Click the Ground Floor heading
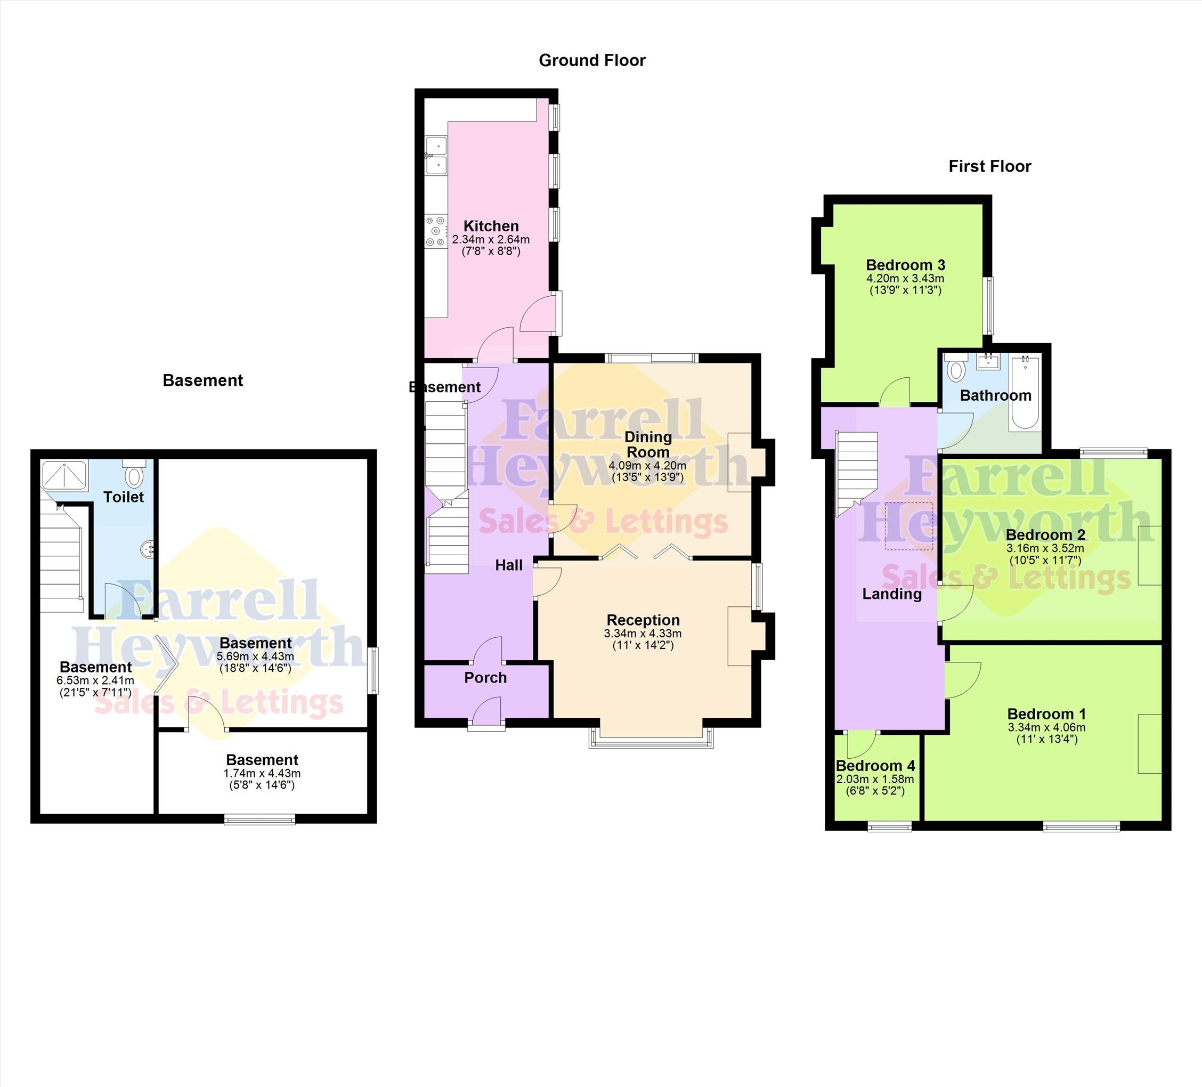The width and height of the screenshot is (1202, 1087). (x=592, y=60)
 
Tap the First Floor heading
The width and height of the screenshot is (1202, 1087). (x=990, y=166)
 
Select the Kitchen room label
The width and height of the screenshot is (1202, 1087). (x=491, y=226)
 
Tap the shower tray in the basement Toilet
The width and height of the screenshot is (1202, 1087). (x=64, y=475)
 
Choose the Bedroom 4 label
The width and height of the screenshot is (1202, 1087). (x=875, y=766)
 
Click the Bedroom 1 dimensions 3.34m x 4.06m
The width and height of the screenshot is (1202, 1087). (x=1046, y=727)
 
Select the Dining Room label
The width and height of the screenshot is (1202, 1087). (x=647, y=444)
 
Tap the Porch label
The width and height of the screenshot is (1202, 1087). (x=485, y=678)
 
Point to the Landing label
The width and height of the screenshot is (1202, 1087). (x=892, y=594)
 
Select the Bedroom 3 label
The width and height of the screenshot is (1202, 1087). (x=905, y=265)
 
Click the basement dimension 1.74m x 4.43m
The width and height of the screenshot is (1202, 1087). (x=262, y=773)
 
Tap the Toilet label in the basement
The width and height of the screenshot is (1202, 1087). (x=124, y=497)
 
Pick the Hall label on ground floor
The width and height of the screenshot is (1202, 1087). (x=509, y=565)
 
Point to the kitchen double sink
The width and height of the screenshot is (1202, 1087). (x=436, y=155)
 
